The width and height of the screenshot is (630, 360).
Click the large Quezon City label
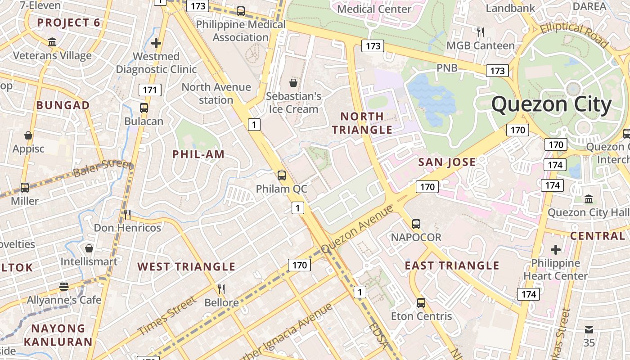[551, 104]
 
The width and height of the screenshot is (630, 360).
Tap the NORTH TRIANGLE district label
[362, 123]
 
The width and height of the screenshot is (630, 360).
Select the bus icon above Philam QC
[282, 175]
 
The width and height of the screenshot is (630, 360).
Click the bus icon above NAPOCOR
[416, 224]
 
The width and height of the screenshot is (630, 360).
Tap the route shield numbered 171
[150, 90]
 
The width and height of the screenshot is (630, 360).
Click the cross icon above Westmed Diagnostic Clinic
[156, 43]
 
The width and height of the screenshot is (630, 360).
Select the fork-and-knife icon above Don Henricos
[127, 214]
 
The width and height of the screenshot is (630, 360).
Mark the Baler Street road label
[103, 168]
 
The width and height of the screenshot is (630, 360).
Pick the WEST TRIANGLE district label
[186, 266]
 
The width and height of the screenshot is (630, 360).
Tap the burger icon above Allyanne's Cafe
[64, 287]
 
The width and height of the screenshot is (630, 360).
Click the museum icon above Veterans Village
[52, 42]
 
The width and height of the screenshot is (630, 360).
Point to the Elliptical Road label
[574, 34]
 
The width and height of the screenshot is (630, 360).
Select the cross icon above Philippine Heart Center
[556, 249]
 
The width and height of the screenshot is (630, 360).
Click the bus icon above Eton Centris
[421, 303]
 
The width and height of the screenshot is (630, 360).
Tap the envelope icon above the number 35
[589, 329]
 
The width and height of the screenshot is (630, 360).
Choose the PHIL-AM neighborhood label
[198, 155]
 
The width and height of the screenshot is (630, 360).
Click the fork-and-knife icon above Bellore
[221, 289]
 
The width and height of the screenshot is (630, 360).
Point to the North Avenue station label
[216, 93]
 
